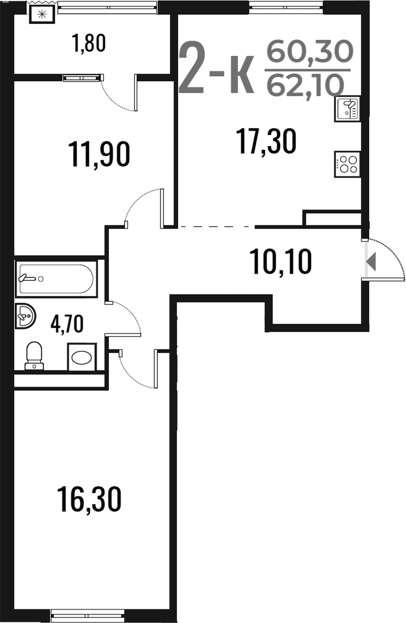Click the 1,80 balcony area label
click(x=88, y=43)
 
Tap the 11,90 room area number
click(x=99, y=154)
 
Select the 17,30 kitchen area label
click(x=266, y=141)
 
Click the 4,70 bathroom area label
click(x=67, y=323)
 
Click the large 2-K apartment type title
click(x=217, y=67)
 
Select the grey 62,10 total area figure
click(x=305, y=84)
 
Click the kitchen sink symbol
click(x=347, y=109)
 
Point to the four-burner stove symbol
click(x=347, y=164)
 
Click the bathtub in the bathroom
click(x=56, y=279)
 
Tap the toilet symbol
click(x=34, y=356)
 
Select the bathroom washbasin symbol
click(x=25, y=316)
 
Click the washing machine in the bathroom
click(x=82, y=357)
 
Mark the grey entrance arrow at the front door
click(x=371, y=261)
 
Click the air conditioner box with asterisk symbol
click(x=42, y=14)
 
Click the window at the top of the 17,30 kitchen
click(x=286, y=7)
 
